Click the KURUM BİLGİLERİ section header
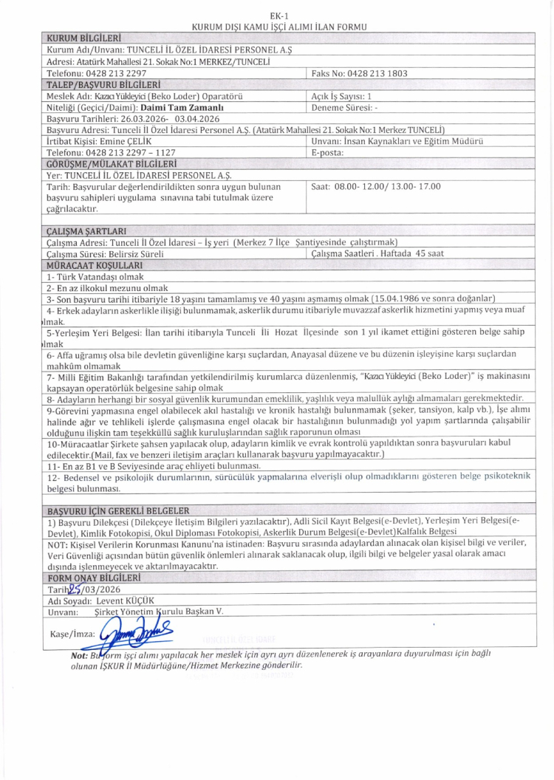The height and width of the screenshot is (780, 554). (83, 37)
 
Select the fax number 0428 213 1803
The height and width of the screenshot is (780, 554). (360, 74)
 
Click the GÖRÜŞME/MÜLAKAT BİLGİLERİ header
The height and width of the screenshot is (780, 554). (111, 163)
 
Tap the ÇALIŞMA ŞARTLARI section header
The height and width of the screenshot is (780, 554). (86, 230)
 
